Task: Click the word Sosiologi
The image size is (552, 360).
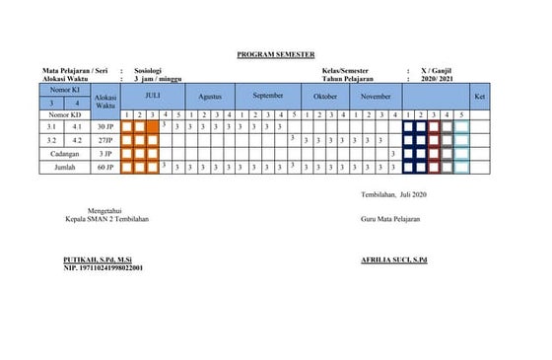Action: click(149, 71)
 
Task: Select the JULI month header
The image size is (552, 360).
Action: click(152, 96)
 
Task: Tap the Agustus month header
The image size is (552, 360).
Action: click(210, 98)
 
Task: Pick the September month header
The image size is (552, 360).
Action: click(267, 96)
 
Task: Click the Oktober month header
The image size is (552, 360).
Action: click(324, 98)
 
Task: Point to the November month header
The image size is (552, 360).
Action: click(376, 98)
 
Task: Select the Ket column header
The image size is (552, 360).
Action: click(479, 97)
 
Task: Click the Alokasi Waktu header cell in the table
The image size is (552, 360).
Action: click(105, 101)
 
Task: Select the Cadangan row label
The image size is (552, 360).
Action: click(63, 155)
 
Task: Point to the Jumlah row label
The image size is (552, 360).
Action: click(63, 169)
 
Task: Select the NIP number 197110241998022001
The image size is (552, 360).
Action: click(103, 267)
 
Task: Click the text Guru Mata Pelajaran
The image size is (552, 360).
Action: click(391, 218)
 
